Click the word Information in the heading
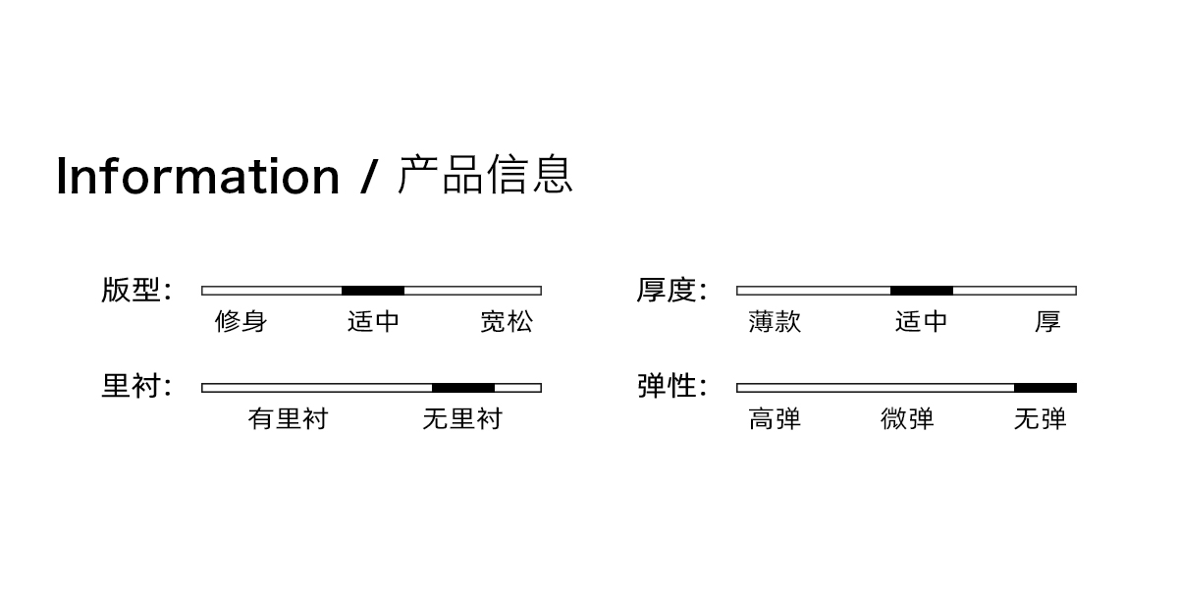[x=197, y=176]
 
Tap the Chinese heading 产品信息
[x=485, y=175]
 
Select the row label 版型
[x=131, y=291]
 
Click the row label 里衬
[x=131, y=387]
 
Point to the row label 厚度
[x=666, y=291]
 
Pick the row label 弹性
[x=666, y=387]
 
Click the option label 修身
[x=241, y=322]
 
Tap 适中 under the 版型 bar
[x=373, y=322]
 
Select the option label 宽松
[x=507, y=322]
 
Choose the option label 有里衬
[x=288, y=419]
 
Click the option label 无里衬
[x=462, y=419]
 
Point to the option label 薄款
[x=775, y=322]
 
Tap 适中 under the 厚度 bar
[x=921, y=322]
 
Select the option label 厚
[x=1047, y=322]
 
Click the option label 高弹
[x=775, y=419]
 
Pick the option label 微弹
[x=907, y=419]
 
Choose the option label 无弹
[x=1040, y=419]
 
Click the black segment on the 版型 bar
[x=373, y=291]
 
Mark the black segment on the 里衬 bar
[x=463, y=388]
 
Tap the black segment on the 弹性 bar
[x=1045, y=388]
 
